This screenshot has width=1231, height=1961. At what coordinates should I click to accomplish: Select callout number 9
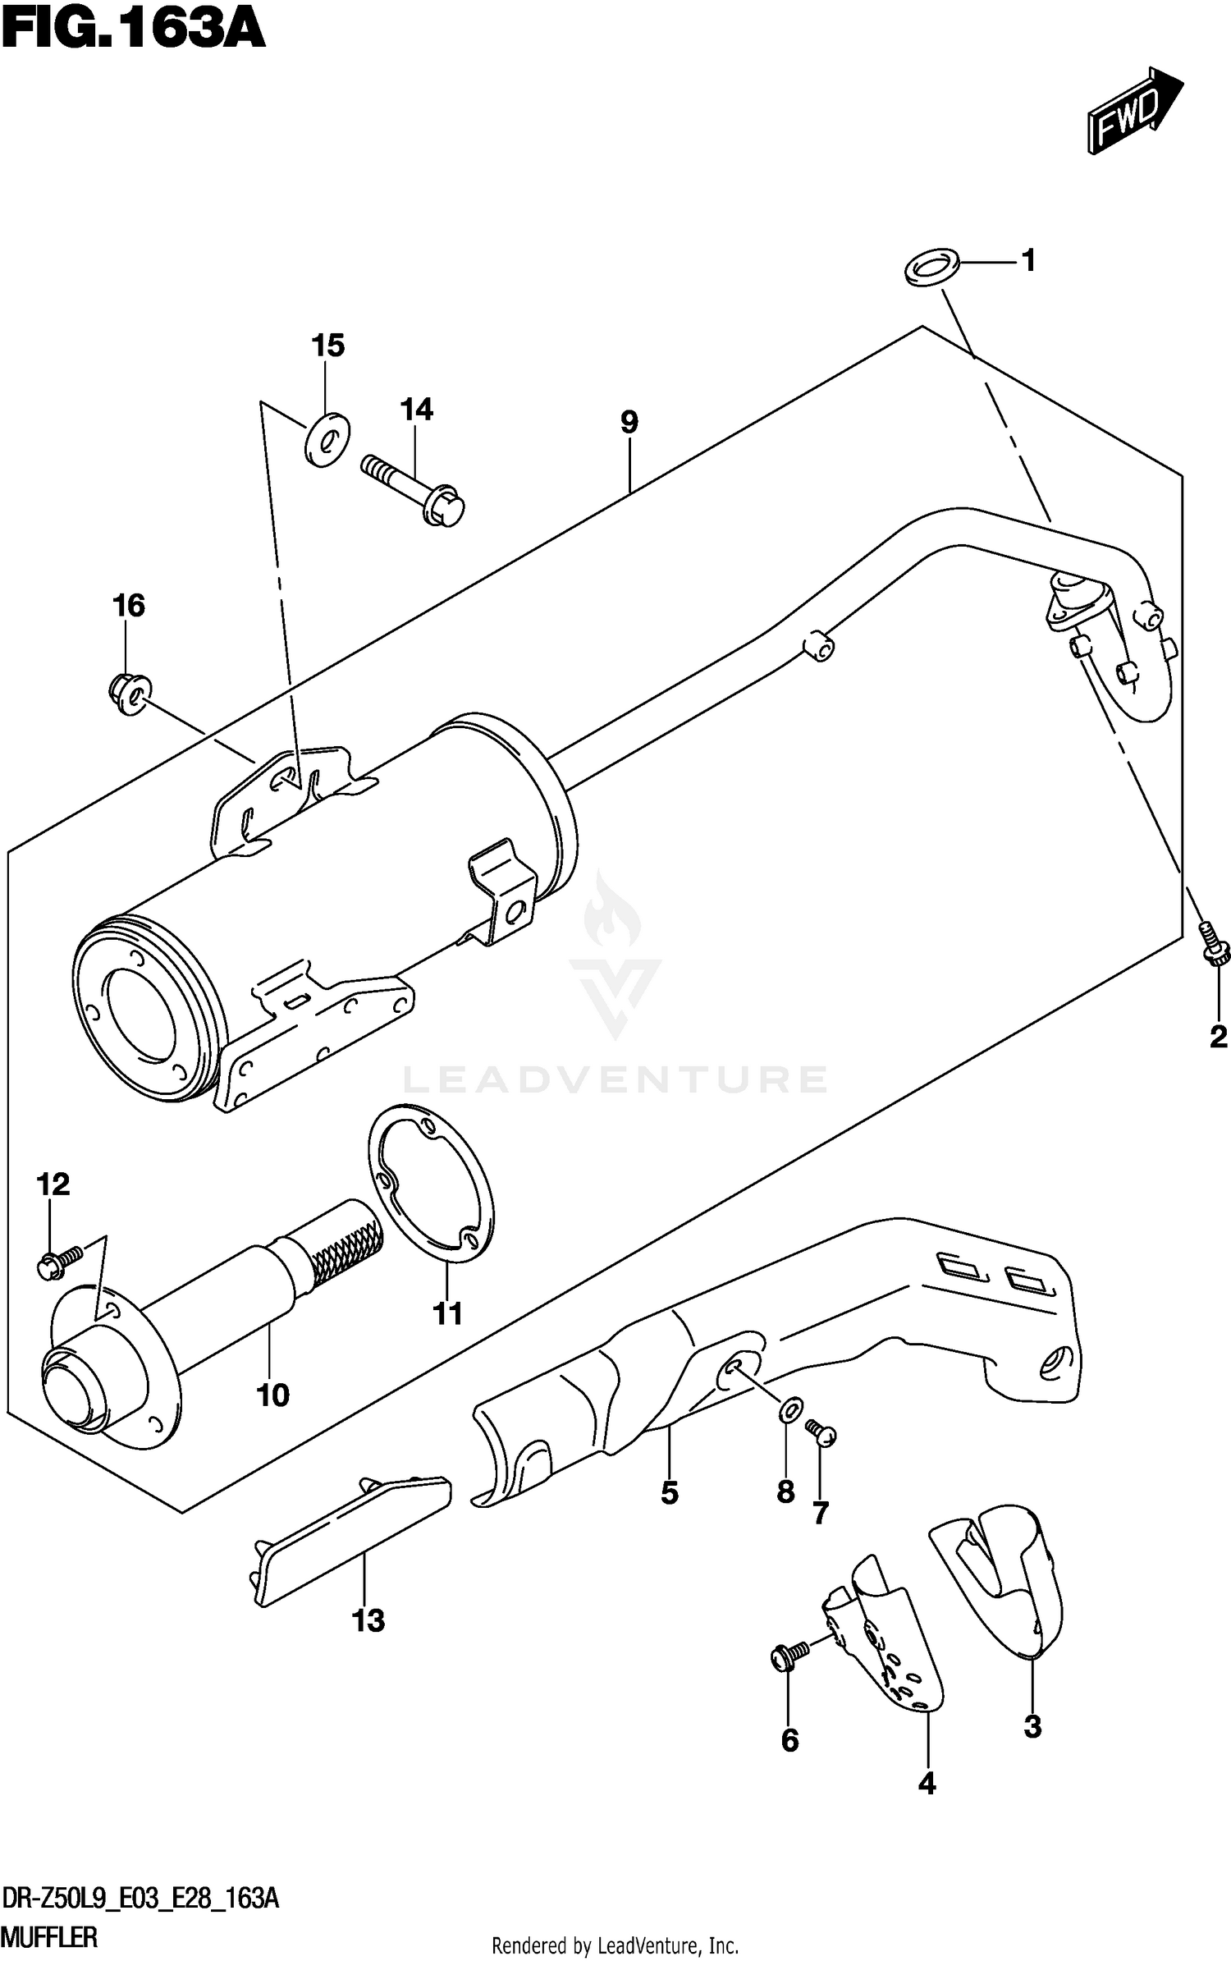click(x=629, y=423)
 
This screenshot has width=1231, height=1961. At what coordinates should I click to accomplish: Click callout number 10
click(x=272, y=1395)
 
